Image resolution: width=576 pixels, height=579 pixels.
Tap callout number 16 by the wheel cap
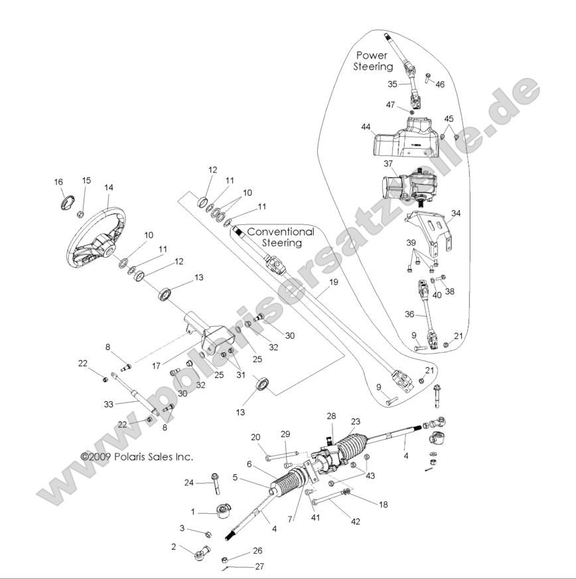coord(58,182)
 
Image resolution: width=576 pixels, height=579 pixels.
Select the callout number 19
coord(333,282)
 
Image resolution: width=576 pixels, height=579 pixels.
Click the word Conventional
coord(281,232)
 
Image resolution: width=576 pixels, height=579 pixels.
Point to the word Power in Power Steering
coord(372,55)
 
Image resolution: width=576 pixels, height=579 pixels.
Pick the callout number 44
coord(366,126)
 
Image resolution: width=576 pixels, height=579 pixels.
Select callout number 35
coord(392,84)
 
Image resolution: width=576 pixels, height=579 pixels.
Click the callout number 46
coord(440,84)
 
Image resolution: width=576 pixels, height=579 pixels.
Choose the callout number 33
coord(109,403)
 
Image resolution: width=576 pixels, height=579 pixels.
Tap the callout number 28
coord(332,416)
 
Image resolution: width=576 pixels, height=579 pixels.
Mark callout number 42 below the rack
coord(356,521)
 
